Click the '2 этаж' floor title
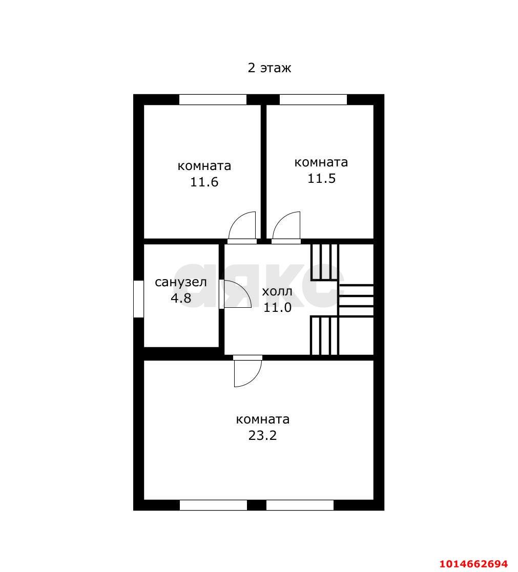[270, 68]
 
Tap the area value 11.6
[204, 182]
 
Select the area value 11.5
[321, 178]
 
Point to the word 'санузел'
[181, 282]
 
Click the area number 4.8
[181, 298]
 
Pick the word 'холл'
[277, 291]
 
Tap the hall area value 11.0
[277, 307]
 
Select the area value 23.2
[262, 435]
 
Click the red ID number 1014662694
[473, 563]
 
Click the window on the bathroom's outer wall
[138, 299]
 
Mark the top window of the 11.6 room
[213, 99]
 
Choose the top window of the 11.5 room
[313, 99]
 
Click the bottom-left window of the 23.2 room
[213, 505]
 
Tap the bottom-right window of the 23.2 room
[300, 505]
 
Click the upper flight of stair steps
[324, 262]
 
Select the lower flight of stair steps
[324, 335]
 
